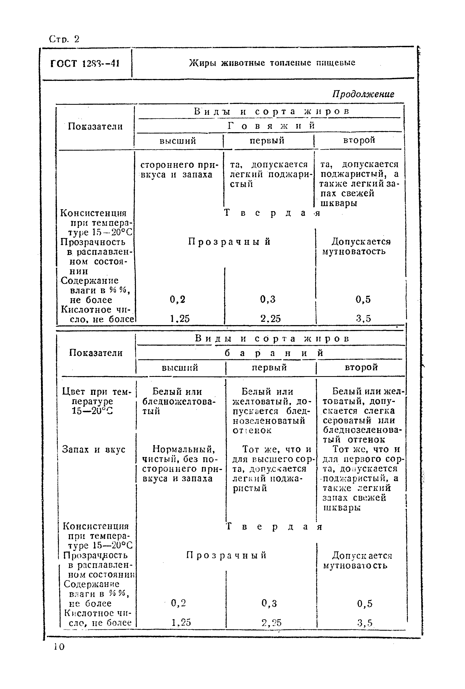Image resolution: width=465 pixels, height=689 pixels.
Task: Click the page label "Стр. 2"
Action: click(64, 39)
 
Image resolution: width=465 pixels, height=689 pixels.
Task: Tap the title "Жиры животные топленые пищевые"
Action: click(272, 63)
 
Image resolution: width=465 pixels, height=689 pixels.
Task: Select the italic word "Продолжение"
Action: click(363, 94)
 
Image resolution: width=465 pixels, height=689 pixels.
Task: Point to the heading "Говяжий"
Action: click(271, 126)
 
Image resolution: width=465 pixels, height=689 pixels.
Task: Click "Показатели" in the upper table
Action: click(95, 127)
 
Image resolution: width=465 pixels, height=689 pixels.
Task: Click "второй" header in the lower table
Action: click(361, 367)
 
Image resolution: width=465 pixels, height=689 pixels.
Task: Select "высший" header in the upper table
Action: click(178, 141)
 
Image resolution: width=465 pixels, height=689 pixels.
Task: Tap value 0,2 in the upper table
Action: click(177, 299)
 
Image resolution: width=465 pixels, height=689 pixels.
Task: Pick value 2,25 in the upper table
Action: click(270, 319)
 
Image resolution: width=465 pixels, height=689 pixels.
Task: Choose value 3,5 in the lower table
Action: click(365, 623)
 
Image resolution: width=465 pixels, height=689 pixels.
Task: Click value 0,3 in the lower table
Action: click(269, 603)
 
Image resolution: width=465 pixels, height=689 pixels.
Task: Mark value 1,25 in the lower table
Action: click(181, 622)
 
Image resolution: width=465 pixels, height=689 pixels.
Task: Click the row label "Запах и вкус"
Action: click(94, 449)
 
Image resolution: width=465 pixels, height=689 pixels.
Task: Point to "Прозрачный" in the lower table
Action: click(226, 555)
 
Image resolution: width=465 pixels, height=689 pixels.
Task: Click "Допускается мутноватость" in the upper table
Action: click(357, 246)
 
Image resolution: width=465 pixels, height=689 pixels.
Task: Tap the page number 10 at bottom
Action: click(59, 647)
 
